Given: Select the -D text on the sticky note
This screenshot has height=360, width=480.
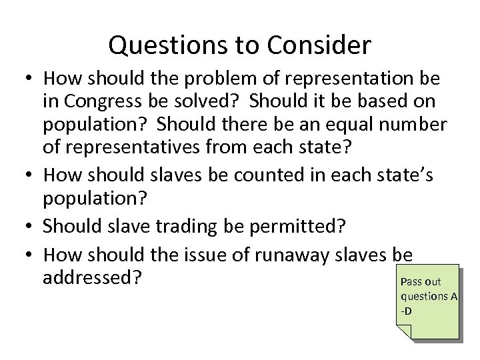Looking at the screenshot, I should tap(407, 311).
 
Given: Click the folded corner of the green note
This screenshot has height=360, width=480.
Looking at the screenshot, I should tap(405, 331).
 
